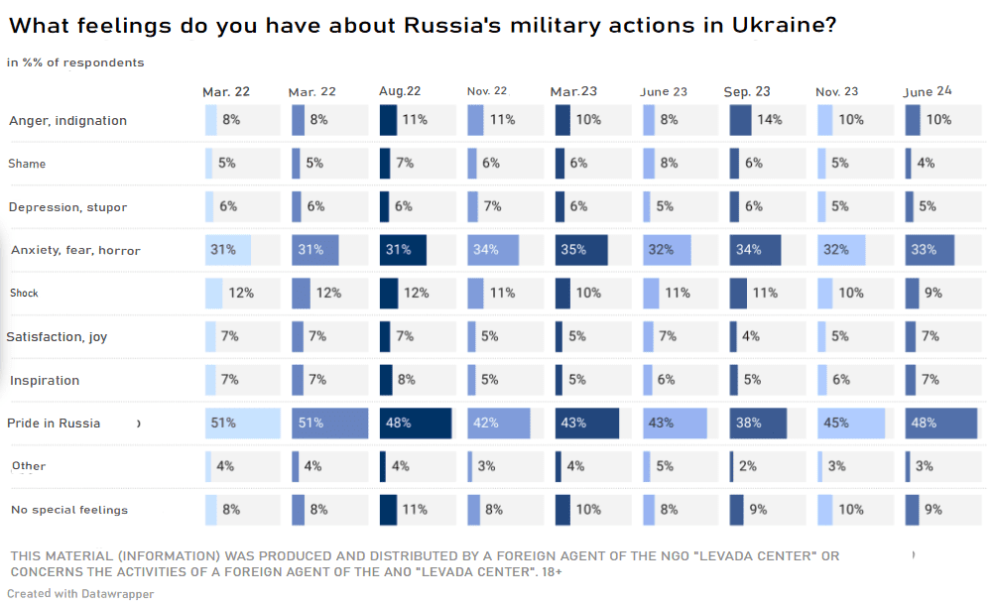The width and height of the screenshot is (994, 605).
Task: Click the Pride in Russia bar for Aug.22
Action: pyautogui.click(x=416, y=423)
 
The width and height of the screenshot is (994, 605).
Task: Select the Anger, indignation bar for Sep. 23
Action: pyautogui.click(x=740, y=120)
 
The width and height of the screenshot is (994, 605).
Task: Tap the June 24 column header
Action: pyautogui.click(x=928, y=91)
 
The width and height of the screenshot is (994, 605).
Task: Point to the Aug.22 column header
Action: pyautogui.click(x=400, y=91)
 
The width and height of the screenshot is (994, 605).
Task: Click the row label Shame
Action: pyautogui.click(x=27, y=164)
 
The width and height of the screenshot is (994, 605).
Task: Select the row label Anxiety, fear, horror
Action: pyautogui.click(x=75, y=250)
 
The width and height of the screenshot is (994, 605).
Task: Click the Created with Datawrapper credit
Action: pyautogui.click(x=80, y=593)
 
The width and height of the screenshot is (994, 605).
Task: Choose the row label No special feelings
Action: pyautogui.click(x=68, y=510)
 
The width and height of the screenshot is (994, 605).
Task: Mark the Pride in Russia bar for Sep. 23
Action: pyautogui.click(x=758, y=423)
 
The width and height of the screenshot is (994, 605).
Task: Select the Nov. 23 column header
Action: pyautogui.click(x=837, y=91)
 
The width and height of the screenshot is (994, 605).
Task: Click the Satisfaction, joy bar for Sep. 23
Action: pyautogui.click(x=733, y=336)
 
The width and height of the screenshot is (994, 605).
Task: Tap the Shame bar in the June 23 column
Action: pyautogui.click(x=649, y=164)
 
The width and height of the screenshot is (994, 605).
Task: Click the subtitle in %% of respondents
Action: pyautogui.click(x=75, y=62)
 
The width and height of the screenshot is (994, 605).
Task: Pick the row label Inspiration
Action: pyautogui.click(x=45, y=380)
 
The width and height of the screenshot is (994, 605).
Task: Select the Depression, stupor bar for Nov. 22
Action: pyautogui.click(x=475, y=206)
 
